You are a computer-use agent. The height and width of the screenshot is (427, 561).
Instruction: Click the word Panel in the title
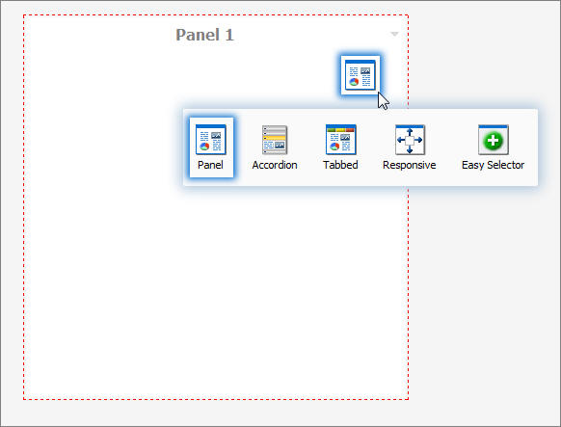(197, 35)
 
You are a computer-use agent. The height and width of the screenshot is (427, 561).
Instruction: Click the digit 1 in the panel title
(228, 35)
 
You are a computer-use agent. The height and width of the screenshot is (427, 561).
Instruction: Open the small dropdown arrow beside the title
(394, 35)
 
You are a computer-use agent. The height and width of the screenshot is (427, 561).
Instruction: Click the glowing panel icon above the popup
(360, 75)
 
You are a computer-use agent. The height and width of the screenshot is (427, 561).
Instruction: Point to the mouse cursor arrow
(383, 100)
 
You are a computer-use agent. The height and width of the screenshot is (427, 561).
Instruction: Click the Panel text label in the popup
(210, 165)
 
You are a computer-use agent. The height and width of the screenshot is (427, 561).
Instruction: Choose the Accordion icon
(275, 140)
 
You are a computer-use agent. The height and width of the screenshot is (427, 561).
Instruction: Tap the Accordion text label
(275, 165)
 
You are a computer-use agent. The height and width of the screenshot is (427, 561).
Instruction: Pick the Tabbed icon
(340, 140)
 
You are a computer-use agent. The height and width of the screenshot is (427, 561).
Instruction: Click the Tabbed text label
(340, 165)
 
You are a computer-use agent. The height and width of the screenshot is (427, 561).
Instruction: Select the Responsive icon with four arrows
(410, 140)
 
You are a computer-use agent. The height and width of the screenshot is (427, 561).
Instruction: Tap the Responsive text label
(410, 165)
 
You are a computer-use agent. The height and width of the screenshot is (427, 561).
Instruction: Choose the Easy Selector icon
(494, 140)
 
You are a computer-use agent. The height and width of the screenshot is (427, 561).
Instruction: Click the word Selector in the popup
(505, 165)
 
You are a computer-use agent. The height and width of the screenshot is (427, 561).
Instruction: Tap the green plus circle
(494, 142)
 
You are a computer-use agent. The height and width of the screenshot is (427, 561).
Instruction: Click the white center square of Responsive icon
(410, 141)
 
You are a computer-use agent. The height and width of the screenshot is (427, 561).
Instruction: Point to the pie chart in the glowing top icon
(354, 83)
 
